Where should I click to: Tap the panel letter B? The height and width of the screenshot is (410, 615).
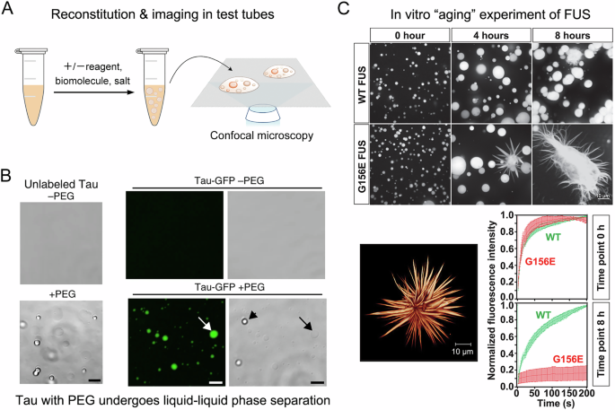[x=8, y=170]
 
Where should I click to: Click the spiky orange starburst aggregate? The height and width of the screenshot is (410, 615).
[x=413, y=297]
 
